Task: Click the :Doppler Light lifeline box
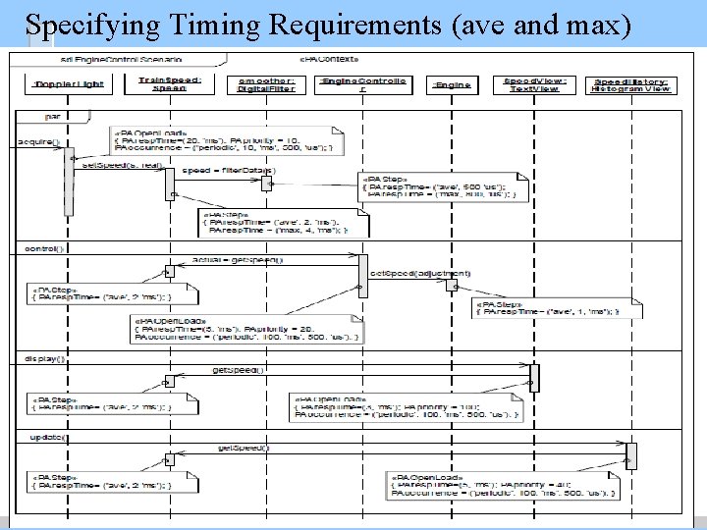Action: point(57,84)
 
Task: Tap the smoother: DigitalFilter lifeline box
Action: point(260,84)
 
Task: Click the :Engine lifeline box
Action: point(452,84)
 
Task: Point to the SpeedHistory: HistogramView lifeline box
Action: point(631,84)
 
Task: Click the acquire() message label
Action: point(38,142)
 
